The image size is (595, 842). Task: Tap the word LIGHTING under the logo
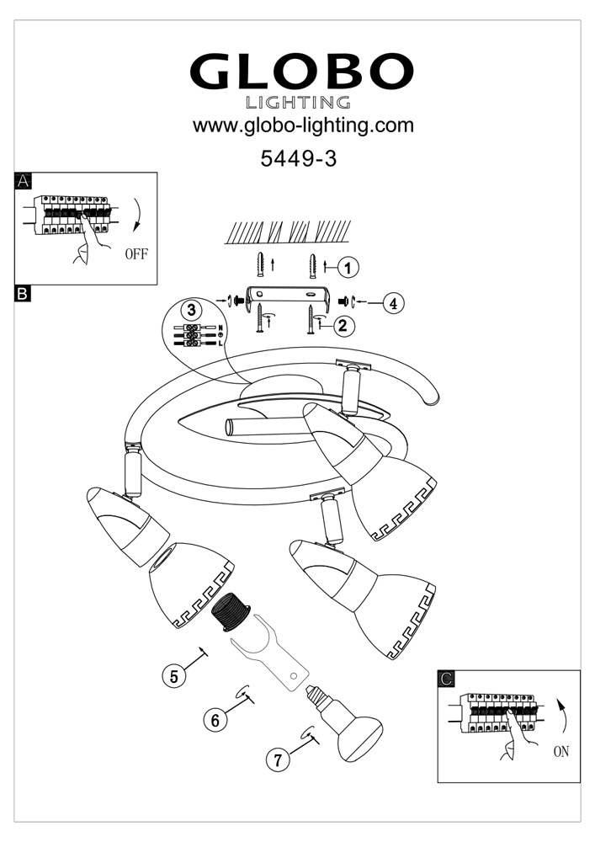point(298,103)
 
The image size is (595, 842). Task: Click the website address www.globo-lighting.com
point(304,126)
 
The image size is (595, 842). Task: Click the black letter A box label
point(24,181)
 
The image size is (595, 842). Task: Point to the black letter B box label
point(24,294)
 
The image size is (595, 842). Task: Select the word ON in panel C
point(561,752)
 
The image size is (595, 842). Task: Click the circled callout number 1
point(348,267)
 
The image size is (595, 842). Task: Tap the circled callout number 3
point(193,309)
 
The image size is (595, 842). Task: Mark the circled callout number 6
point(215,720)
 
